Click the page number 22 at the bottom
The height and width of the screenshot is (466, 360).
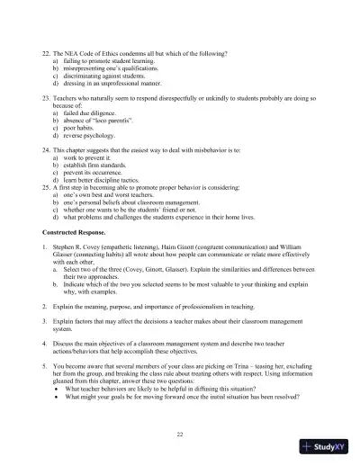[x=180, y=435]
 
